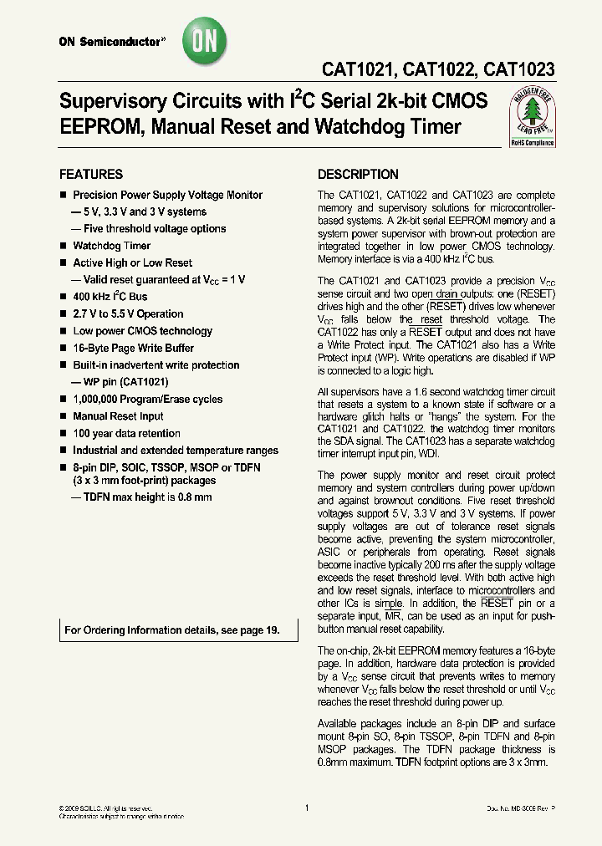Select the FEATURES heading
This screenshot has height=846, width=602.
click(90, 175)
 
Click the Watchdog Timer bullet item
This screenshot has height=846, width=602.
click(111, 246)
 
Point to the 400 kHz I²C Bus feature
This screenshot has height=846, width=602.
click(110, 297)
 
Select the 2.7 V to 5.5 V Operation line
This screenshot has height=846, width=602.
click(128, 314)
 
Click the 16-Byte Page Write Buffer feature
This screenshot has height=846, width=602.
click(133, 348)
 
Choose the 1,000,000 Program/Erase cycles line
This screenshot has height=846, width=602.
click(148, 400)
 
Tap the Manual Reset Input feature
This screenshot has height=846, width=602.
click(118, 416)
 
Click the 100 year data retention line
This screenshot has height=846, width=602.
click(126, 433)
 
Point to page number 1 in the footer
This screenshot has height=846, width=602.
click(307, 808)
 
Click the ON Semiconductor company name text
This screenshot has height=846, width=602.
click(109, 40)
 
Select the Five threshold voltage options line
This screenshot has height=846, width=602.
click(148, 228)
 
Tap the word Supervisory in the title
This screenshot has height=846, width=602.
click(110, 102)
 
